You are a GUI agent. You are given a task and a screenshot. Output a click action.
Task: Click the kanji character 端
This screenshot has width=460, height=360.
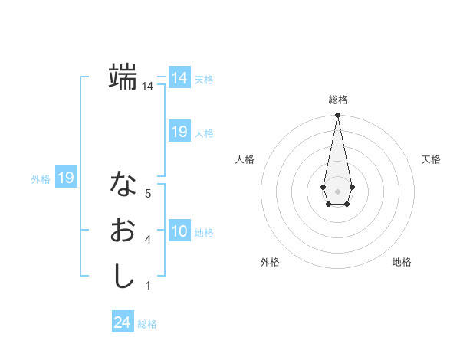pos(123,77)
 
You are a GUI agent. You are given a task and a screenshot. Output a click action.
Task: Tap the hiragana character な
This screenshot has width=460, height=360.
pos(123,183)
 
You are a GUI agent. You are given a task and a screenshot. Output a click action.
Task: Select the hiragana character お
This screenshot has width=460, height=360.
pos(123,230)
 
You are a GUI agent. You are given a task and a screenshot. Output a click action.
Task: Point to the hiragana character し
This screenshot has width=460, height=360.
pos(123,276)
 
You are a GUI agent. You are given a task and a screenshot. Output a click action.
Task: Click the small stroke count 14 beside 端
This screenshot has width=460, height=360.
pos(147,87)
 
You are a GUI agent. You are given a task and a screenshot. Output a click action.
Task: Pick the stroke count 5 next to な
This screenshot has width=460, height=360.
pos(147,194)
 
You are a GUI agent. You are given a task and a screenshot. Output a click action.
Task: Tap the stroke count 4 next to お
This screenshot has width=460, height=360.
pos(147,240)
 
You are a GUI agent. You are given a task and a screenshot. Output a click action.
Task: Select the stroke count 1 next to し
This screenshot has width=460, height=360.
pos(147,286)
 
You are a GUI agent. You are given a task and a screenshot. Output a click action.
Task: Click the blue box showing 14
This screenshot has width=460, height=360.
pos(179,79)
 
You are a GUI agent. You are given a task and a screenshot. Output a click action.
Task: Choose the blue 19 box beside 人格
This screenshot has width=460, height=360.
pos(179,132)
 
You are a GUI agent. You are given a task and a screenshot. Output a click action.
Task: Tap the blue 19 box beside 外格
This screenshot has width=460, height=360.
pos(65,178)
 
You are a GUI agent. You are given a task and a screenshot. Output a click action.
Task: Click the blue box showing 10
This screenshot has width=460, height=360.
pos(179,231)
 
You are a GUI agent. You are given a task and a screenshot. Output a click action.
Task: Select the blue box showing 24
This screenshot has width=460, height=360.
pos(122,322)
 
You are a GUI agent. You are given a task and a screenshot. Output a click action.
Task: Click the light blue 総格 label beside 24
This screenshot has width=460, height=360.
pos(147,324)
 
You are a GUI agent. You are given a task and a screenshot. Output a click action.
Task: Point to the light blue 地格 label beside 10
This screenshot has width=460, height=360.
pos(204,233)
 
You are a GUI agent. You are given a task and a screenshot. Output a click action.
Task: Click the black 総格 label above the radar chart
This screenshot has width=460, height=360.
pos(337,100)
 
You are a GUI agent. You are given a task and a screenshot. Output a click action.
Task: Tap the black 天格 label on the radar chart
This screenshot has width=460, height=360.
pos(431,159)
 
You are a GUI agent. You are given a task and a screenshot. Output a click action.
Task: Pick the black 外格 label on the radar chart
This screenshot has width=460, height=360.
pos(270,262)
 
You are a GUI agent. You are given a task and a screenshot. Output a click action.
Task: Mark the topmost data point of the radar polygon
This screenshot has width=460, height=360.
pos(337,115)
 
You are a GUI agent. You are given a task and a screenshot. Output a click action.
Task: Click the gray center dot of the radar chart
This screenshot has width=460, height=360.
pos(337,191)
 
